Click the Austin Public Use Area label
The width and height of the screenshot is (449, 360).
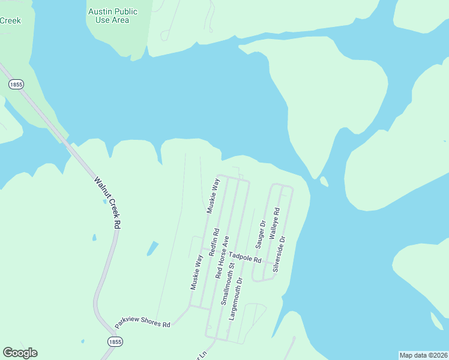click(x=112, y=16)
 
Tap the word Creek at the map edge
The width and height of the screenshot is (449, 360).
click(x=10, y=20)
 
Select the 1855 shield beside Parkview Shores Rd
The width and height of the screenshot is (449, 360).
click(x=115, y=341)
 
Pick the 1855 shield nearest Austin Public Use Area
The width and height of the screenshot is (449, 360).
click(x=16, y=85)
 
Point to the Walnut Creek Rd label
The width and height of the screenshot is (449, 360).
click(x=107, y=202)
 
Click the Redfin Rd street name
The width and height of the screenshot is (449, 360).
click(x=214, y=242)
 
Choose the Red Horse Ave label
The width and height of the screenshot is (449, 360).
click(x=222, y=257)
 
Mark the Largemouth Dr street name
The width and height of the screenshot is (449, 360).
click(x=235, y=298)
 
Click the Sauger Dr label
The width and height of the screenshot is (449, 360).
click(x=261, y=234)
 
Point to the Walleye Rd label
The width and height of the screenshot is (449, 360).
click(x=274, y=224)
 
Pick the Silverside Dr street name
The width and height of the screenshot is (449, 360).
click(x=280, y=254)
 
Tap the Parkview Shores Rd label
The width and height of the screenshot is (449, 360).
click(x=143, y=322)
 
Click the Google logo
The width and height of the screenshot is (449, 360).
click(x=20, y=353)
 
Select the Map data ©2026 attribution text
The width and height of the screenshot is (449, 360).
click(x=423, y=355)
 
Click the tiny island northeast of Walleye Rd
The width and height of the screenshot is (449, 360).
click(x=324, y=181)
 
